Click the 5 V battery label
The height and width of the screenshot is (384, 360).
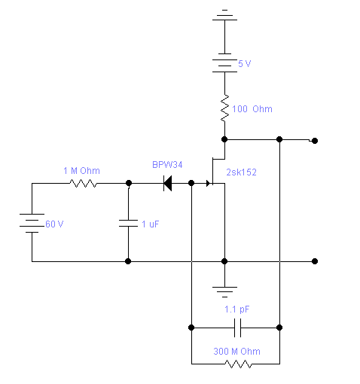pyautogui.click(x=244, y=64)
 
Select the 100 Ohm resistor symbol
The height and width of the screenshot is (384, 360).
pyautogui.click(x=224, y=108)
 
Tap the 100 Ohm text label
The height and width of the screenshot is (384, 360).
pyautogui.click(x=252, y=109)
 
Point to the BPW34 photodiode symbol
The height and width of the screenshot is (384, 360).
pyautogui.click(x=167, y=183)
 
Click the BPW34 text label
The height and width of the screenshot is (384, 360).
pyautogui.click(x=167, y=165)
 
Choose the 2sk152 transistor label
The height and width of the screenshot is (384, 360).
pyautogui.click(x=241, y=172)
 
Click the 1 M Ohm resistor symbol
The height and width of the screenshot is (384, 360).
pyautogui.click(x=83, y=183)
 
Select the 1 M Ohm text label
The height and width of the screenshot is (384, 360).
pyautogui.click(x=81, y=171)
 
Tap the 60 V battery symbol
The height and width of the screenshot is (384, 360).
pyautogui.click(x=32, y=223)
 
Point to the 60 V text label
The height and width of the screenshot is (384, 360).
pyautogui.click(x=54, y=224)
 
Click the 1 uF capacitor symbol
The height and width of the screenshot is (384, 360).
pyautogui.click(x=128, y=223)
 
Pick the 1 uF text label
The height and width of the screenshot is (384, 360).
pyautogui.click(x=150, y=224)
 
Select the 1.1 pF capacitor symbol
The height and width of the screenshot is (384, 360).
pyautogui.click(x=237, y=328)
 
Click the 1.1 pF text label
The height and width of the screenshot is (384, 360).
pyautogui.click(x=237, y=309)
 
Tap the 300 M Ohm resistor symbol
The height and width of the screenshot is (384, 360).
pyautogui.click(x=238, y=364)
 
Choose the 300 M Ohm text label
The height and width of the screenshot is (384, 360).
pyautogui.click(x=236, y=351)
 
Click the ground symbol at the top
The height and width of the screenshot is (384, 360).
pyautogui.click(x=224, y=15)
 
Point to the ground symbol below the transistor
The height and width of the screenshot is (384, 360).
pyautogui.click(x=224, y=292)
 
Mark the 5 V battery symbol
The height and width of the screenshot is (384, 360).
pyautogui.click(x=224, y=62)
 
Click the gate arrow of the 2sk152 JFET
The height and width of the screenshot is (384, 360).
pyautogui.click(x=208, y=183)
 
